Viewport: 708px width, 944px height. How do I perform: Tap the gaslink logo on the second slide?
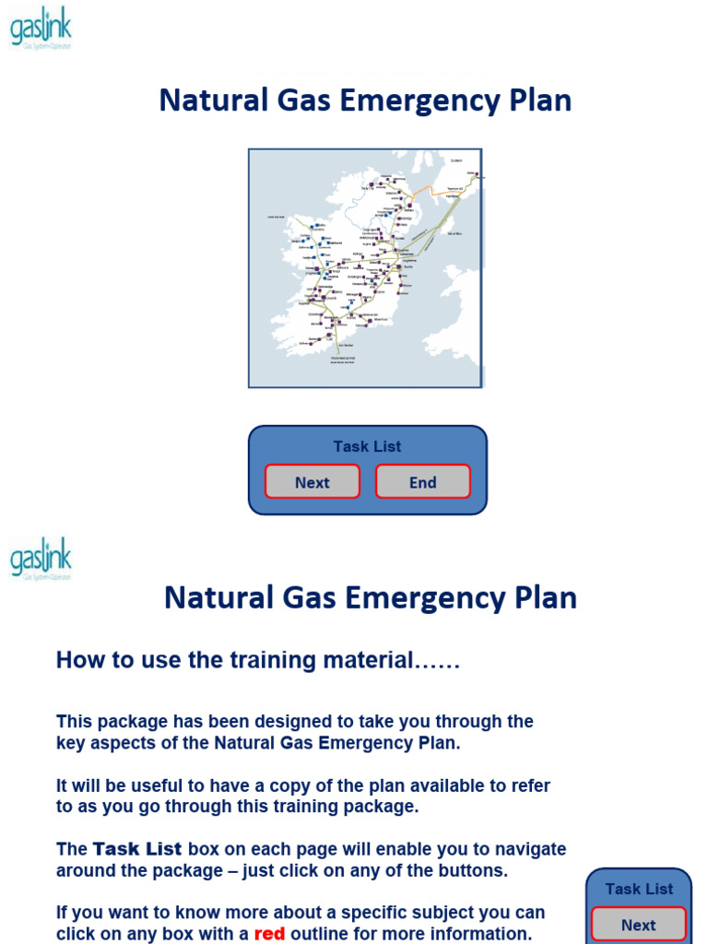point(41,559)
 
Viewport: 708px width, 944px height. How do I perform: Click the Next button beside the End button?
point(313,482)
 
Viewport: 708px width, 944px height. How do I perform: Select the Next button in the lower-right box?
point(638,925)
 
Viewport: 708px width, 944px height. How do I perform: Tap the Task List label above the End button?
point(367,446)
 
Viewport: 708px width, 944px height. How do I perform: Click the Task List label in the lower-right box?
point(639,889)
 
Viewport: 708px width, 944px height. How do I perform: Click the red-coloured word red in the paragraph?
point(269,933)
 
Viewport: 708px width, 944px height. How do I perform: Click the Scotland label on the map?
point(455,160)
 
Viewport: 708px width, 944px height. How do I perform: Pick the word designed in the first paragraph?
point(277,721)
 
